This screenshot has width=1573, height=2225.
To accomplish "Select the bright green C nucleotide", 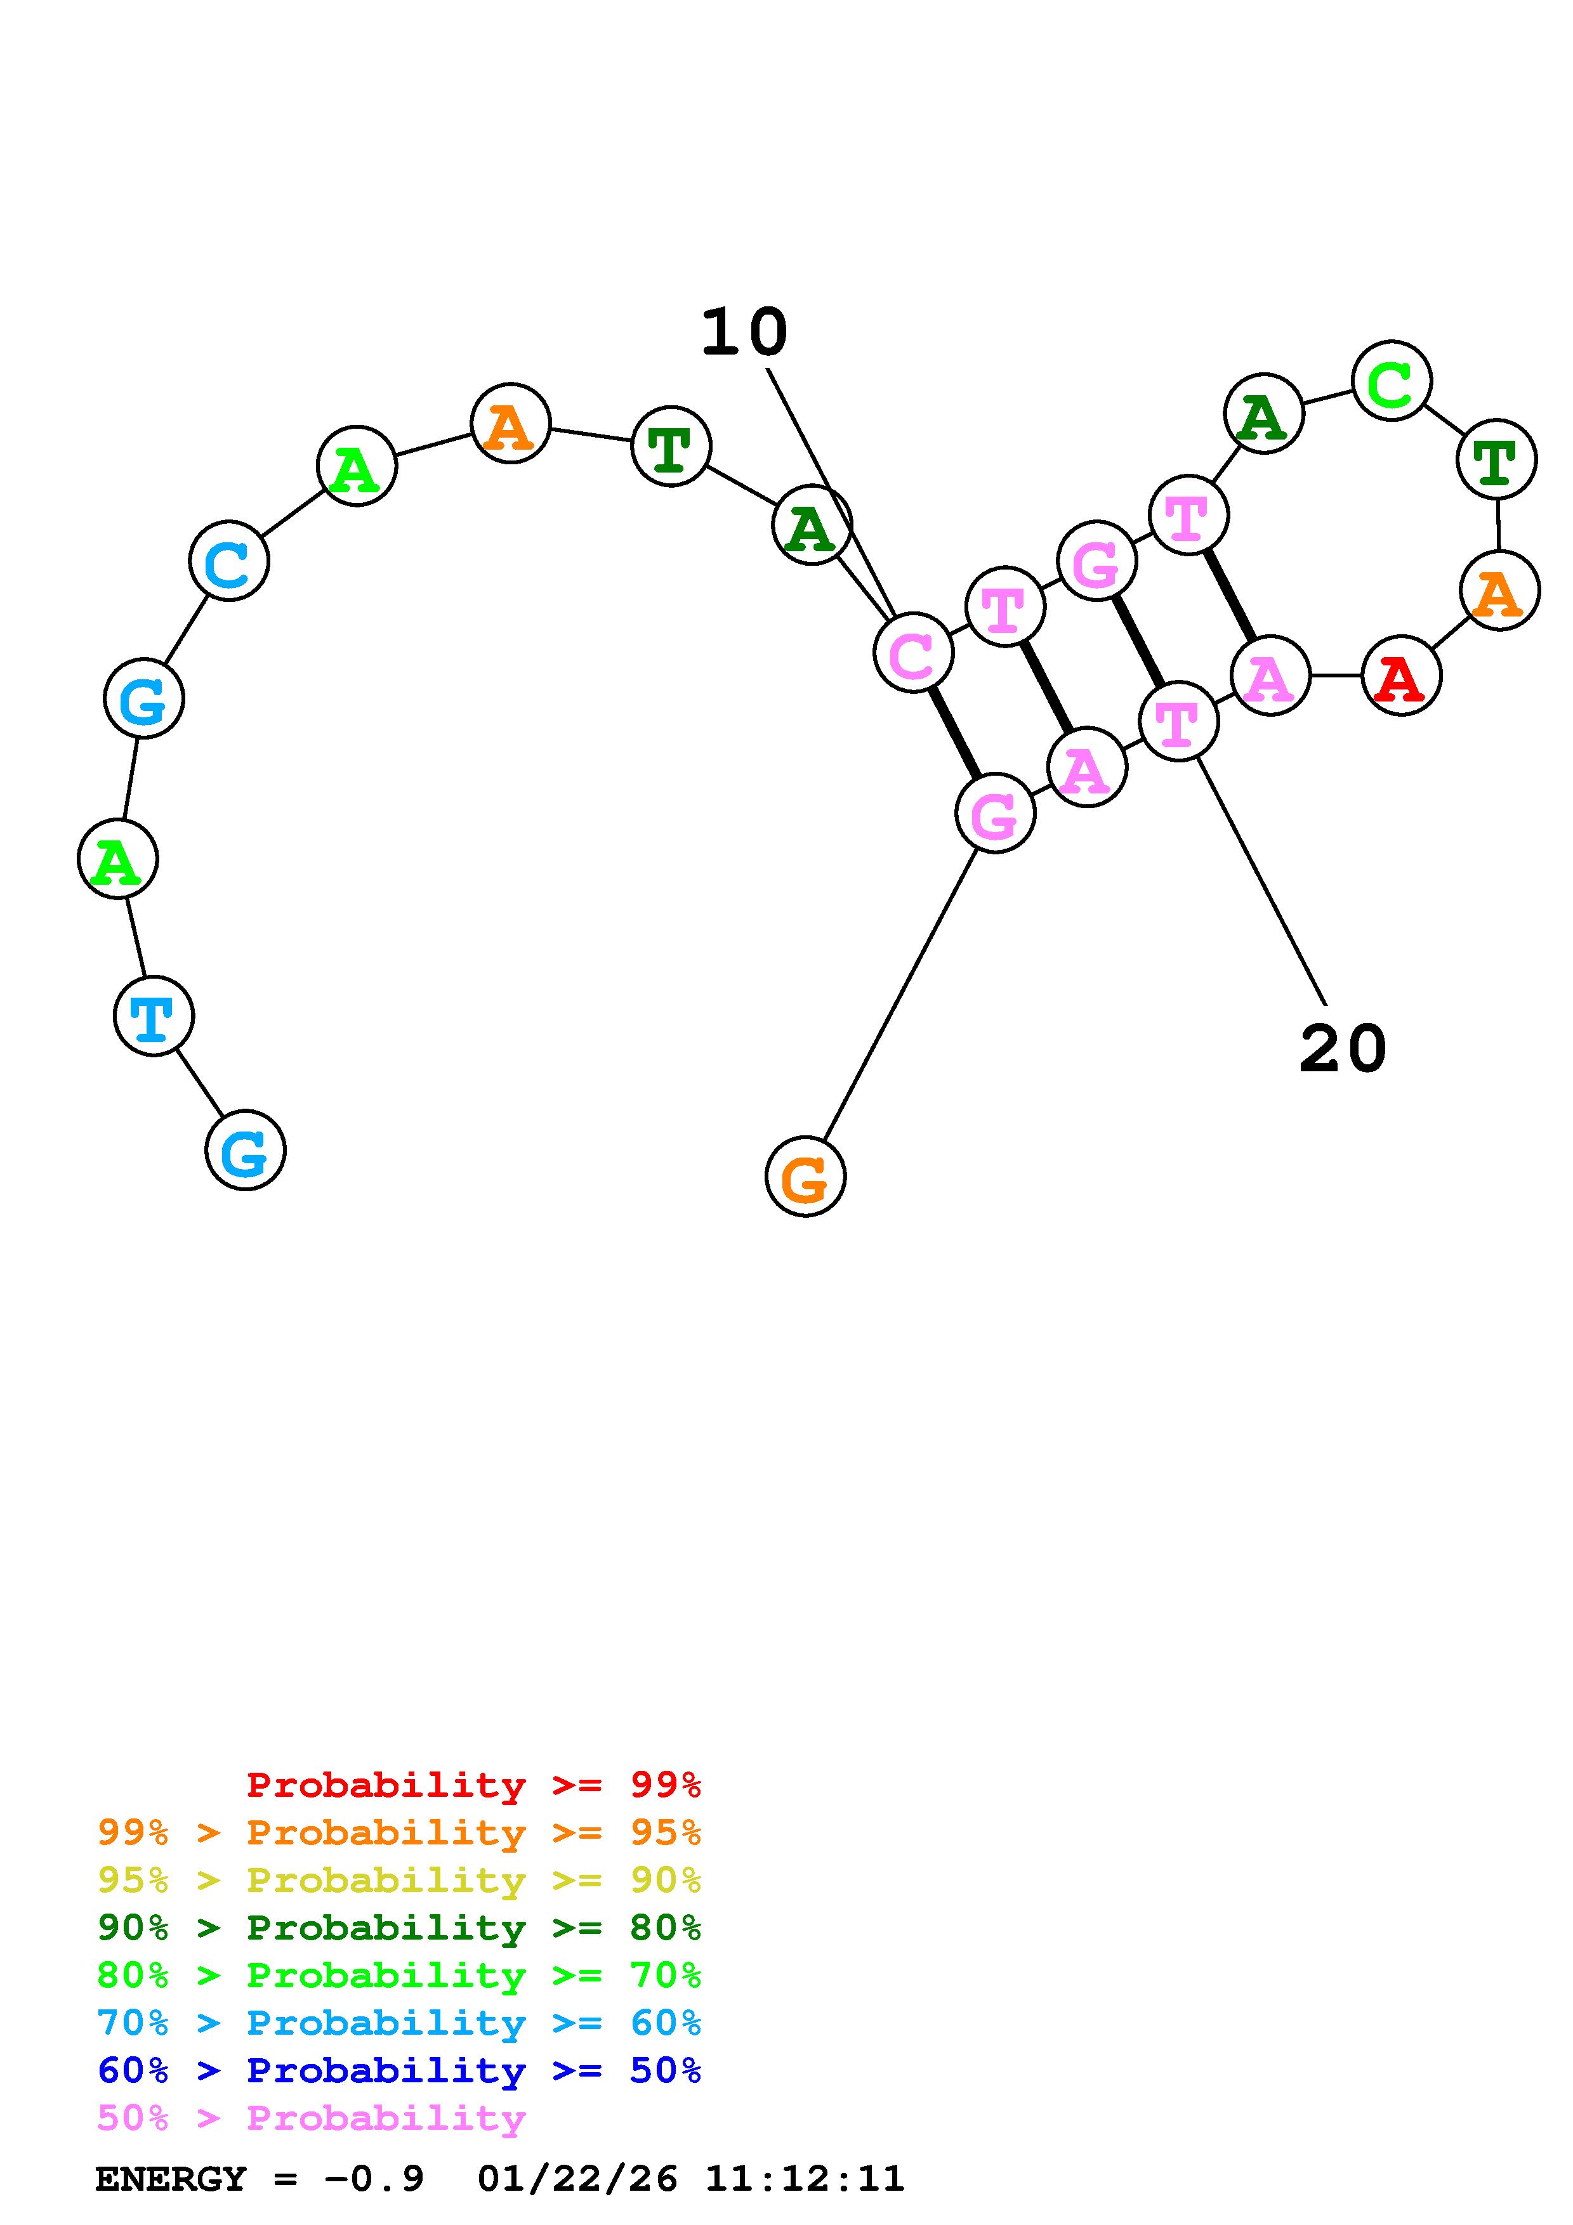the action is pos(1391,381).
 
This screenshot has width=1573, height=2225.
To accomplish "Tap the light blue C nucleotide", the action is pos(228,561).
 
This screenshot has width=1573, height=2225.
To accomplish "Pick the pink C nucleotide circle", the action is pos(913,653).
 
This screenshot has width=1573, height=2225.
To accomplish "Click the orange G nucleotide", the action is pos(805,1177).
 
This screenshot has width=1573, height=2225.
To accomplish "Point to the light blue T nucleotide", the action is pos(153,1015).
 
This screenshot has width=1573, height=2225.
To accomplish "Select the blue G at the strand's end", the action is pos(245,1151).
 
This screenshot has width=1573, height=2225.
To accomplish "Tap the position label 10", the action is pos(744,332).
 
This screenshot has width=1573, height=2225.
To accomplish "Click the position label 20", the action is pos(1342,1048).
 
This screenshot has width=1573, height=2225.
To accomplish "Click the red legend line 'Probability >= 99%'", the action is pos(474,1784).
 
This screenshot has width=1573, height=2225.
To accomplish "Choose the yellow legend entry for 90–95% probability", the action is pos(399,1880).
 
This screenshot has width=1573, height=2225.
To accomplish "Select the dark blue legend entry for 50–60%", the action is pos(399,2070).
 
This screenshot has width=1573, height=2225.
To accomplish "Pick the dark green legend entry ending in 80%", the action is pos(399,1928).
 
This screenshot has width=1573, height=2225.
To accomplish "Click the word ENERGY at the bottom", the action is pos(171,2179).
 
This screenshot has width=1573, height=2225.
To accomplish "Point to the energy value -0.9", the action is pos(374,2179).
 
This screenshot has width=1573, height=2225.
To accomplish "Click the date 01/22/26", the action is pos(577,2179).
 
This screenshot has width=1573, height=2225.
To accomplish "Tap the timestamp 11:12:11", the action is pos(805,2179).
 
